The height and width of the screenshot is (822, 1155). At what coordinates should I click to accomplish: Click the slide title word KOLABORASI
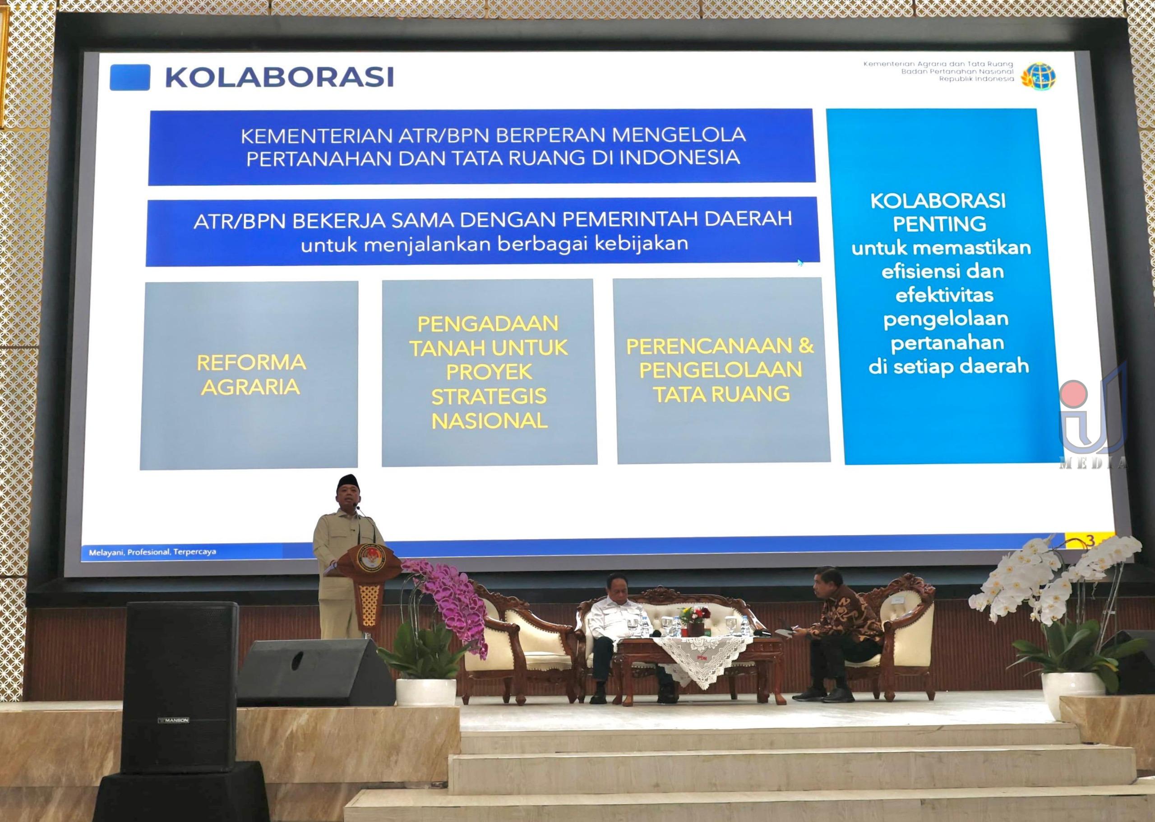click(x=279, y=78)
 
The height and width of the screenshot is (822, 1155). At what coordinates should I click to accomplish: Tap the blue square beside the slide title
click(x=129, y=78)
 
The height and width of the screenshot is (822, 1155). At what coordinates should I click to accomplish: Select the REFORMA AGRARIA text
click(x=251, y=374)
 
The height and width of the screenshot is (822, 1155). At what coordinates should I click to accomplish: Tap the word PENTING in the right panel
click(x=939, y=224)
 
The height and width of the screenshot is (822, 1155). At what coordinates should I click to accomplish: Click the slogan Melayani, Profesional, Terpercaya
click(x=152, y=552)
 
